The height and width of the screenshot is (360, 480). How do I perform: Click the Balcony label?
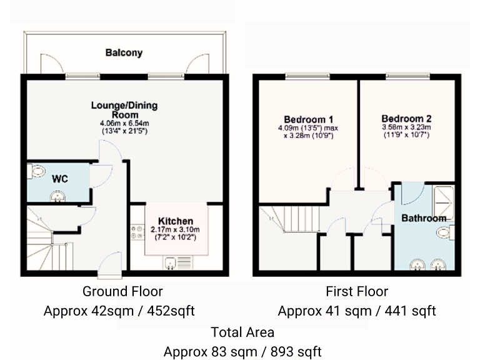click(123, 53)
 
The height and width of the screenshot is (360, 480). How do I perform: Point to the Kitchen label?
click(175, 221)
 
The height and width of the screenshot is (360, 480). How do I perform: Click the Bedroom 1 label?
click(308, 119)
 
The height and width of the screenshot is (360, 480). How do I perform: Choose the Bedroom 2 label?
click(406, 119)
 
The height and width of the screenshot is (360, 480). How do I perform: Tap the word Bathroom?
click(423, 219)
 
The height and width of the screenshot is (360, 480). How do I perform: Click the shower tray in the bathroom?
click(442, 199)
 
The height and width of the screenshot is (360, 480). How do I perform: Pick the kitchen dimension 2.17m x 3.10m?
click(175, 230)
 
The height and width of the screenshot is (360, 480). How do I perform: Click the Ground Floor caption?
click(122, 291)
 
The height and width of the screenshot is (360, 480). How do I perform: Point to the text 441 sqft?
click(410, 311)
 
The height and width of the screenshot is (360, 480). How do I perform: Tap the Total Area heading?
click(242, 332)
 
